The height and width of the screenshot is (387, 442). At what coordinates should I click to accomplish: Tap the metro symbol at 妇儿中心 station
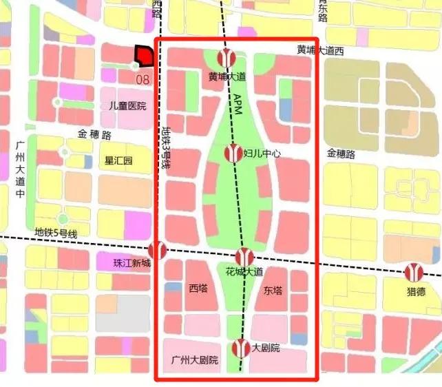tap(234, 152)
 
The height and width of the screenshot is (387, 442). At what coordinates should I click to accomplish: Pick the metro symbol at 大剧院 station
tap(240, 348)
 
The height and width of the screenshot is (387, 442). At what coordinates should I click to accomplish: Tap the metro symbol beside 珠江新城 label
tap(158, 251)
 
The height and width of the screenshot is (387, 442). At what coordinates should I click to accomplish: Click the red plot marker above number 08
tap(143, 56)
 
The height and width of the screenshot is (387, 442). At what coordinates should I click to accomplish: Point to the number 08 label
tap(143, 79)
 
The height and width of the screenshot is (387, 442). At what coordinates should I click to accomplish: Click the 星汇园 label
tap(118, 160)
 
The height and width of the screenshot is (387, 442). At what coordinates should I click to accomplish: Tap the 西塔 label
tap(198, 290)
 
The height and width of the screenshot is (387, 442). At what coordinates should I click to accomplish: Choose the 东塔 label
tap(273, 291)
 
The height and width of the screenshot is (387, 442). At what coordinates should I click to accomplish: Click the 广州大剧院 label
tap(194, 360)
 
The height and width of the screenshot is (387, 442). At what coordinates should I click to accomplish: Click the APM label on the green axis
tap(237, 103)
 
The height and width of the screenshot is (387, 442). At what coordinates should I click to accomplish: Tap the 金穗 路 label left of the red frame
tap(94, 136)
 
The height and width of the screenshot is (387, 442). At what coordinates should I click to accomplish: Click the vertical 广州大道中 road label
tap(19, 169)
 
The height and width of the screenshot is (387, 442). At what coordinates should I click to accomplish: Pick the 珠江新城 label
tap(123, 262)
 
